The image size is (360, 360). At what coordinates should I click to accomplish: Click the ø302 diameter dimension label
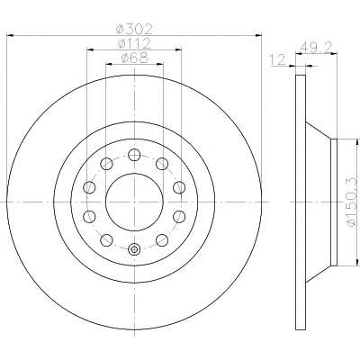tap(135, 29)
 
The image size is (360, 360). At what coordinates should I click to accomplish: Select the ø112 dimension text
tap(134, 44)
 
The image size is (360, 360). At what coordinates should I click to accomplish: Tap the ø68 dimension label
tap(134, 58)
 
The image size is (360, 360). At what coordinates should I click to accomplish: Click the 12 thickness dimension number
tap(278, 59)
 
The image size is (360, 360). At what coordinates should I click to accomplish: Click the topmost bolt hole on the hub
tap(134, 155)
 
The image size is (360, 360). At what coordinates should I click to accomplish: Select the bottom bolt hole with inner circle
tap(134, 249)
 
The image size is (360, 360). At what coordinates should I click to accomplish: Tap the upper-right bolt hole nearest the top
tap(162, 164)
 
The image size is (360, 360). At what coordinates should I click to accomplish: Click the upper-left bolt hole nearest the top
tap(106, 164)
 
